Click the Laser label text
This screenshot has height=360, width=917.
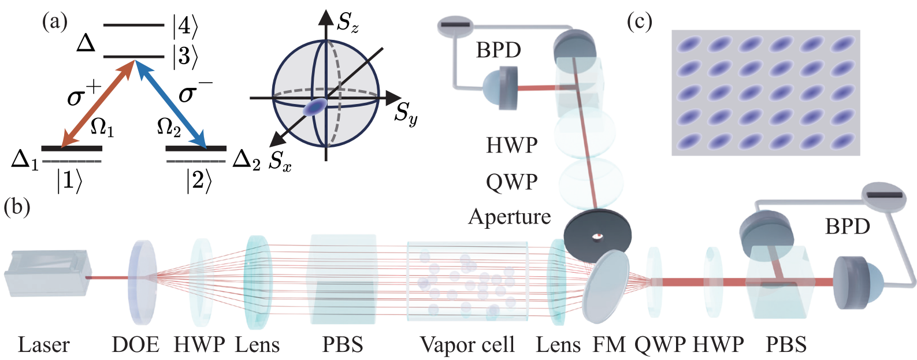(x=44, y=344)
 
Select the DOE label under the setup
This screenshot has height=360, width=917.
(x=136, y=344)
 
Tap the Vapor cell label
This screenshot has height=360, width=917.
(x=467, y=344)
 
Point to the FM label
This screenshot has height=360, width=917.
(x=609, y=344)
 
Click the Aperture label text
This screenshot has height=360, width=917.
(x=510, y=217)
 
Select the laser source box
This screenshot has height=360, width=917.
(x=46, y=272)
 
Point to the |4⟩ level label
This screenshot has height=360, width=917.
(x=185, y=26)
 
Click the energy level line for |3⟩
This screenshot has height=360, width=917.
(x=134, y=57)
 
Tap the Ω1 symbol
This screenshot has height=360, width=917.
(x=102, y=129)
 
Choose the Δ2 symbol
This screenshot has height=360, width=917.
(x=247, y=161)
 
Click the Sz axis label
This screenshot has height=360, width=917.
(x=348, y=23)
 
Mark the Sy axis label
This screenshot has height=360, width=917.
(x=406, y=112)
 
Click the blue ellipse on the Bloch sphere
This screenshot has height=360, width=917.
(x=315, y=107)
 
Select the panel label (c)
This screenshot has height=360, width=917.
(x=640, y=22)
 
